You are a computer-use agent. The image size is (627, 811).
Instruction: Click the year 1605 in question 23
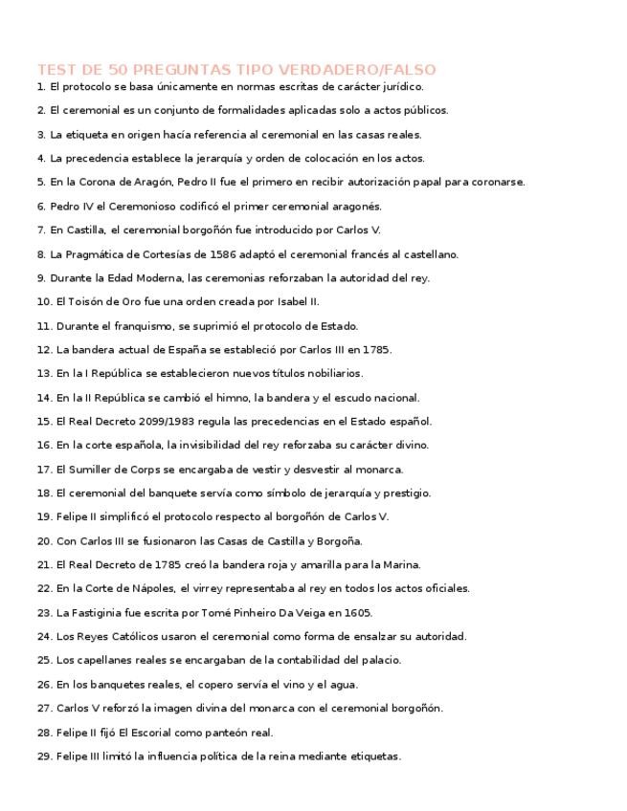[x=358, y=613]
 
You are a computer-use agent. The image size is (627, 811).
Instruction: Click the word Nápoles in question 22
[x=153, y=589]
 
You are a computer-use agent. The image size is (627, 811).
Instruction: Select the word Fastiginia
[x=101, y=613]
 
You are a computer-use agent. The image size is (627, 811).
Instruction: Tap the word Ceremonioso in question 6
[x=140, y=207]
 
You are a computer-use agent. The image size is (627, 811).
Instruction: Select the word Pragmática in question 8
[x=95, y=254]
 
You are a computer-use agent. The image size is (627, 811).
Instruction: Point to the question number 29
[x=44, y=756]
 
